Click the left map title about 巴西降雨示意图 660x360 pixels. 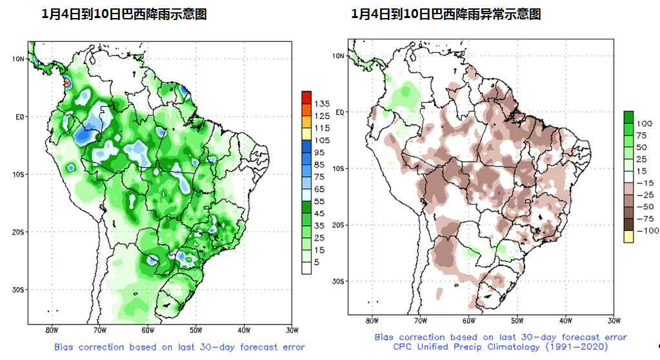point(124,14)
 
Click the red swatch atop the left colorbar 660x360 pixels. point(306,97)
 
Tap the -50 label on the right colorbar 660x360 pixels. point(644,207)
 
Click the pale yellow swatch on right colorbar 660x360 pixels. point(628,237)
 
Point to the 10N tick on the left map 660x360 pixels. point(19,59)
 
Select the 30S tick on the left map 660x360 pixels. point(19,290)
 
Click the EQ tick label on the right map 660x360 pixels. point(340,112)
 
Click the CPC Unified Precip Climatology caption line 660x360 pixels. point(500,346)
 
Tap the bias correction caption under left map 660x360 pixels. point(179,347)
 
